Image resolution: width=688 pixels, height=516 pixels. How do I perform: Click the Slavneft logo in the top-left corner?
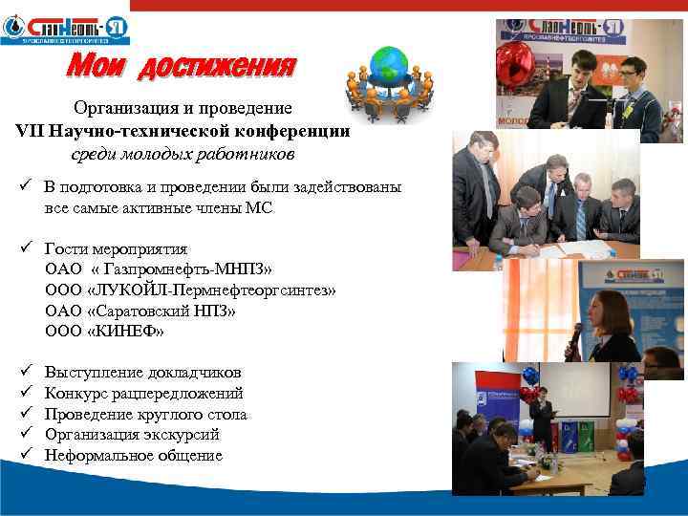[x=64, y=29]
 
